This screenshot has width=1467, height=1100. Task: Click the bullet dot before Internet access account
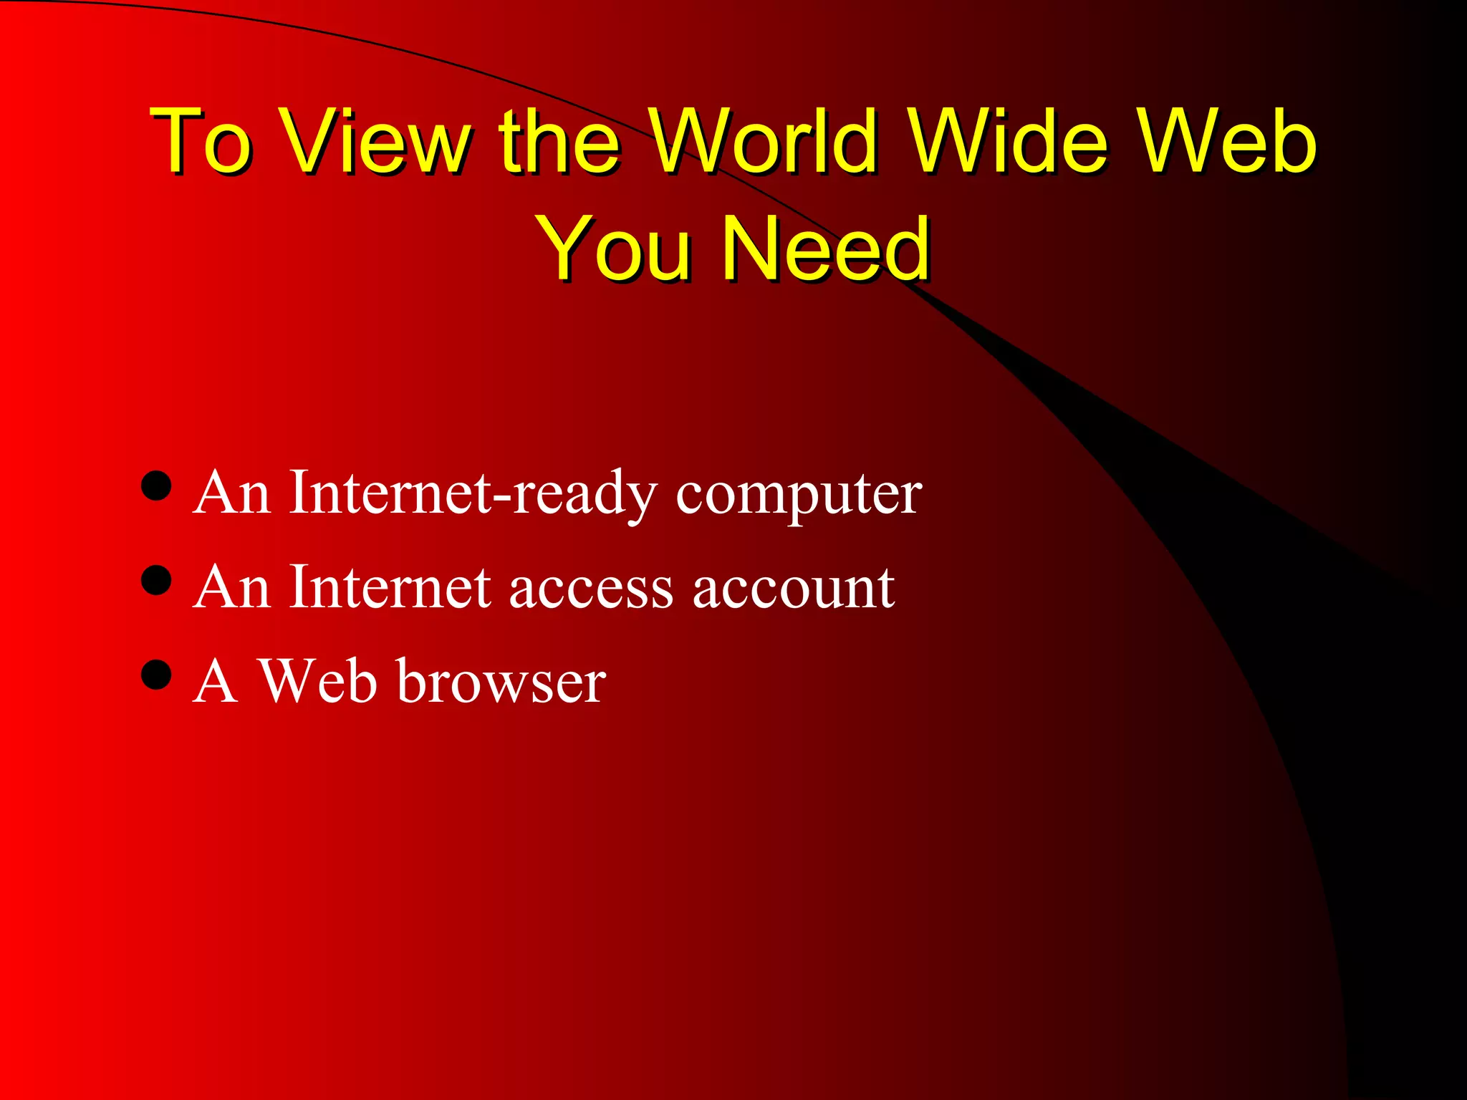point(156,580)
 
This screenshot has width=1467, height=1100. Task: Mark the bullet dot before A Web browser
point(156,674)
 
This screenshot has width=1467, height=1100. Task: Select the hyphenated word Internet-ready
point(473,493)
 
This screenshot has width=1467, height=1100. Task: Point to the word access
point(591,589)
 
